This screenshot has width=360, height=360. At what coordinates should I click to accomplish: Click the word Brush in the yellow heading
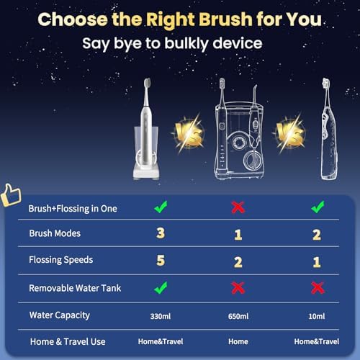pyautogui.click(x=225, y=19)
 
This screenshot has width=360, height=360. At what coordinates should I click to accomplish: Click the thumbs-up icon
pyautogui.click(x=11, y=195)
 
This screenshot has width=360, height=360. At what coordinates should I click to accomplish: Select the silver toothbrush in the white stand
pyautogui.click(x=146, y=129)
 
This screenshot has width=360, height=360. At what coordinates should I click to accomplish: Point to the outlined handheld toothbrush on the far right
pyautogui.click(x=329, y=129)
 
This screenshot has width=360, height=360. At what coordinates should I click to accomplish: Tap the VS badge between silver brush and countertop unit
pyautogui.click(x=189, y=134)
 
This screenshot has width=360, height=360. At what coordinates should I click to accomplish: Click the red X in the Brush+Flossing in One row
pyautogui.click(x=238, y=207)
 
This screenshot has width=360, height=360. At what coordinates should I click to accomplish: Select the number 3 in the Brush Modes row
pyautogui.click(x=161, y=233)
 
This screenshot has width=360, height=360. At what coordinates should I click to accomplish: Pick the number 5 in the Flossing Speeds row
pyautogui.click(x=161, y=261)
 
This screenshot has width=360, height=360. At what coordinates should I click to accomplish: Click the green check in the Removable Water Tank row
pyautogui.click(x=161, y=287)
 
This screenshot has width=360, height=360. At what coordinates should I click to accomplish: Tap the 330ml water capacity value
pyautogui.click(x=161, y=316)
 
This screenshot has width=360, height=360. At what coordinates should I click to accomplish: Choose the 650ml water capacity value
pyautogui.click(x=238, y=316)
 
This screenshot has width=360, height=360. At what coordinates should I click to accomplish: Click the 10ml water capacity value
pyautogui.click(x=317, y=316)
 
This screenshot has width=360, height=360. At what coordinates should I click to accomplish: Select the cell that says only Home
pyautogui.click(x=238, y=341)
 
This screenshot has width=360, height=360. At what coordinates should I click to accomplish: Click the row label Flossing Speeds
pyautogui.click(x=61, y=260)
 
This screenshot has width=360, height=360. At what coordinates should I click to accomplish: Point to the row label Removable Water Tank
pyautogui.click(x=75, y=288)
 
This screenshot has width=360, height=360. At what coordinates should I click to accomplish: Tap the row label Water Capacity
pyautogui.click(x=60, y=315)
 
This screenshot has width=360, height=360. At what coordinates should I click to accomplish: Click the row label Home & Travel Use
pyautogui.click(x=68, y=341)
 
